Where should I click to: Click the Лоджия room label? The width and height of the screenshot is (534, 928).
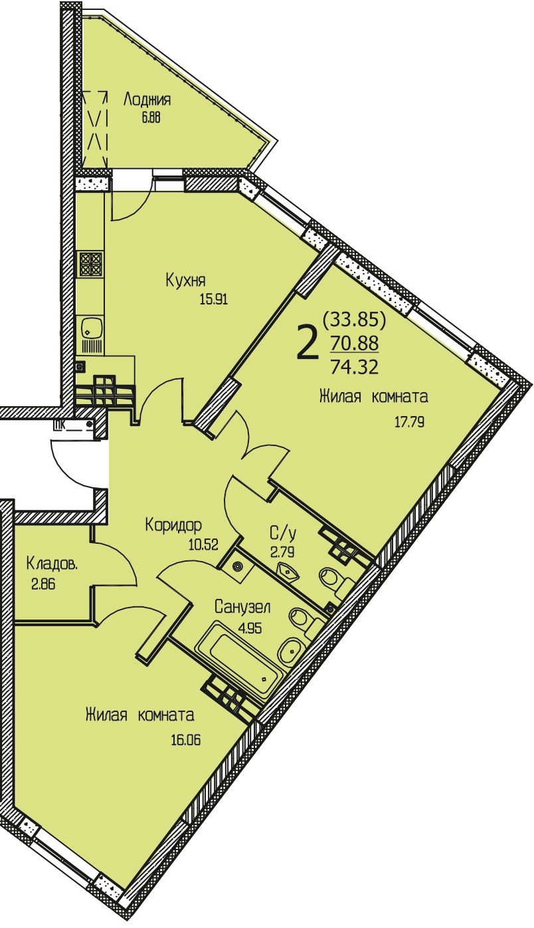tap(147, 100)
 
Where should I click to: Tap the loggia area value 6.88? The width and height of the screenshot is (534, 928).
tap(151, 118)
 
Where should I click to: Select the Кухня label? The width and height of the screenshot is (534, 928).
tap(185, 281)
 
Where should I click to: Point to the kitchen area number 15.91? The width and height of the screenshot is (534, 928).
tap(214, 299)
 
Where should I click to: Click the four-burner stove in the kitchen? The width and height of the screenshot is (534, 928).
tap(90, 263)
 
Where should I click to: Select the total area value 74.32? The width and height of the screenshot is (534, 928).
tap(355, 367)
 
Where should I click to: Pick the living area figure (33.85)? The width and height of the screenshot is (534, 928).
tap(355, 319)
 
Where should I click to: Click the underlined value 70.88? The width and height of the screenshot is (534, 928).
tap(355, 343)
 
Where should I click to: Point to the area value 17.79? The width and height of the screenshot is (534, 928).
tap(409, 423)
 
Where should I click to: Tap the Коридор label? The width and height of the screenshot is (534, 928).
tap(173, 525)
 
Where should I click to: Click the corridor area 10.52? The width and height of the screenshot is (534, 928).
tap(203, 544)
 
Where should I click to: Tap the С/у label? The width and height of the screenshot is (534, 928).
tap(283, 534)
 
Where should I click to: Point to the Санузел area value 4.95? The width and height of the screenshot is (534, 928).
tap(250, 629)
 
